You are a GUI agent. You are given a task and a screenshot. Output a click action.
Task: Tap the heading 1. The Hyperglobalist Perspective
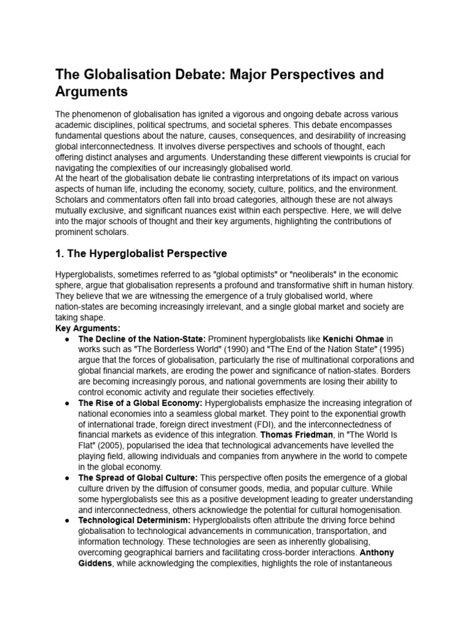tap(141, 253)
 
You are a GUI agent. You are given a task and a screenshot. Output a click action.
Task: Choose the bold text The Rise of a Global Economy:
tap(140, 403)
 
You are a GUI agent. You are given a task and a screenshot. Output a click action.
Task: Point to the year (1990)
tap(228, 349)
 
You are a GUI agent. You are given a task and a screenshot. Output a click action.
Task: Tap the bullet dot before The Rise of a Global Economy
tap(65, 404)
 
